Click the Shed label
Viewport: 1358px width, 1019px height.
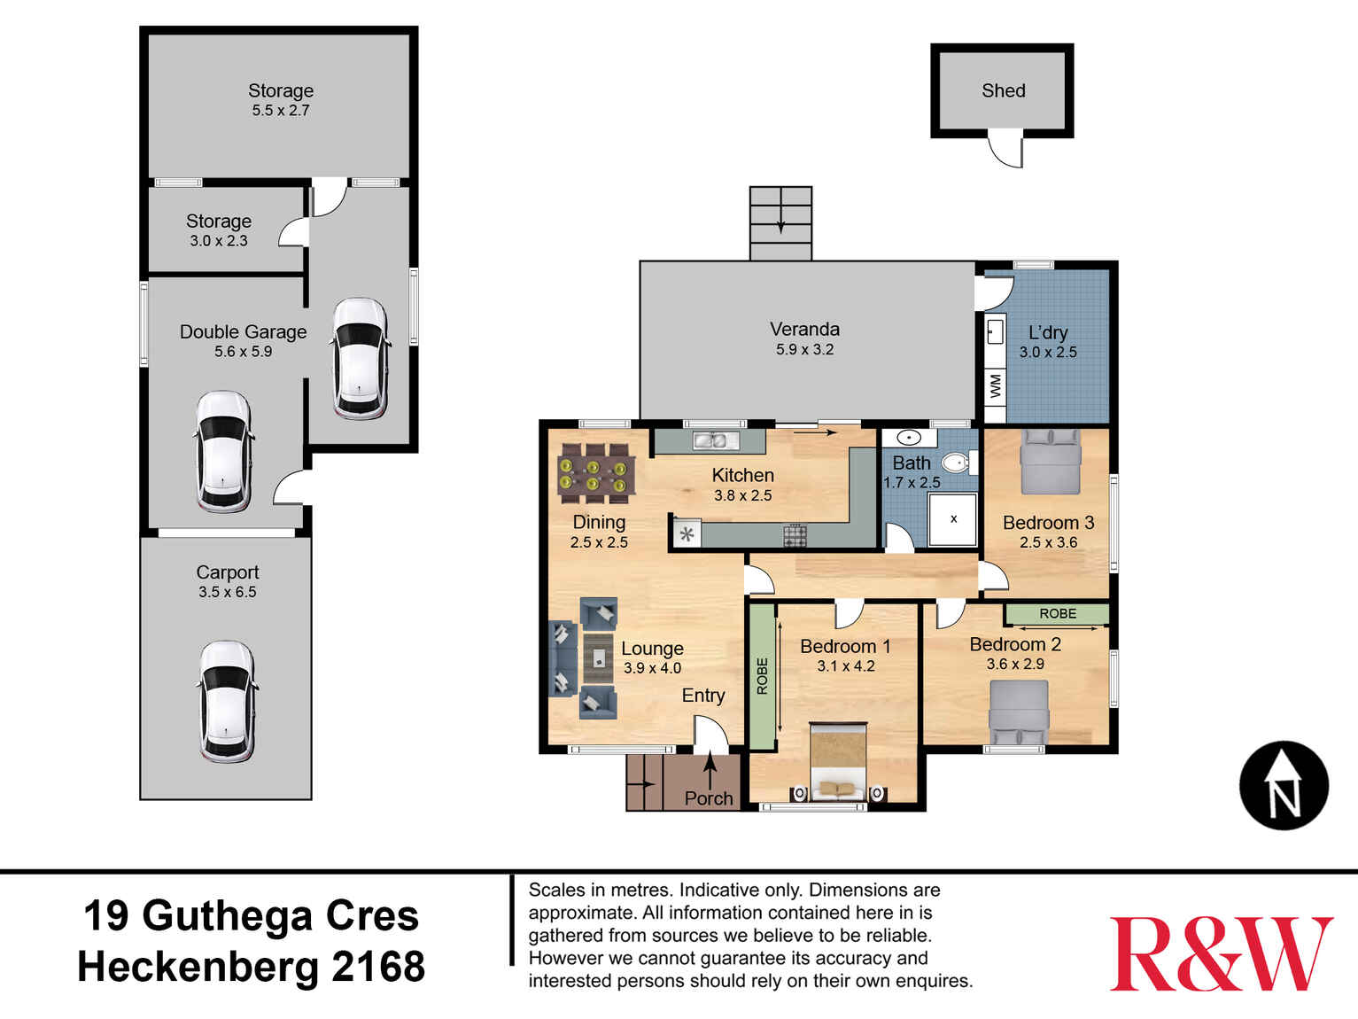(x=1003, y=90)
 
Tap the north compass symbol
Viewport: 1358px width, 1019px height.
(x=1284, y=785)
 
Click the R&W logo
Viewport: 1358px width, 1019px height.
(x=1221, y=953)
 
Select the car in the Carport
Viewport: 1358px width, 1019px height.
(x=227, y=702)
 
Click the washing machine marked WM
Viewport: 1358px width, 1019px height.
(x=996, y=386)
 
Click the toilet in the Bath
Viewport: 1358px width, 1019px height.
(x=956, y=462)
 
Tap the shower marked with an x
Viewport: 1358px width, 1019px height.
(x=953, y=519)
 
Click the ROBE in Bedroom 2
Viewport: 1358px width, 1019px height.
(x=1057, y=613)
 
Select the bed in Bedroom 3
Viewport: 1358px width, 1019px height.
(x=1051, y=461)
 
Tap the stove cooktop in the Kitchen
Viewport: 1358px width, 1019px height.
(x=795, y=535)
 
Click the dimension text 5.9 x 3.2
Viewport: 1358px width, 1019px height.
(x=804, y=349)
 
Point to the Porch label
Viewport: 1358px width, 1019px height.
(x=709, y=798)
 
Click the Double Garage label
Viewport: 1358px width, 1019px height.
(x=243, y=331)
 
